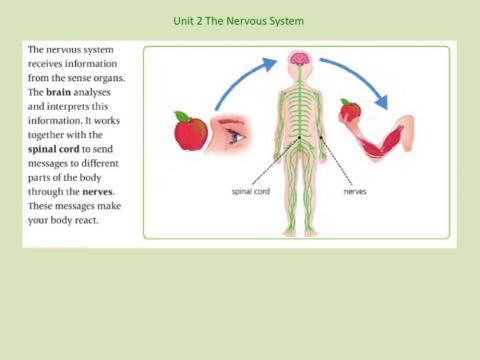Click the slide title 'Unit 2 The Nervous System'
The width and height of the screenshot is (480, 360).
coord(238,21)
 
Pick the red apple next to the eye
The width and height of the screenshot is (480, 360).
coord(191,131)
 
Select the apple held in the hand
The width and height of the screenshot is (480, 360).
coord(351,110)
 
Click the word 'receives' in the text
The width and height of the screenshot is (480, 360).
coord(49,63)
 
